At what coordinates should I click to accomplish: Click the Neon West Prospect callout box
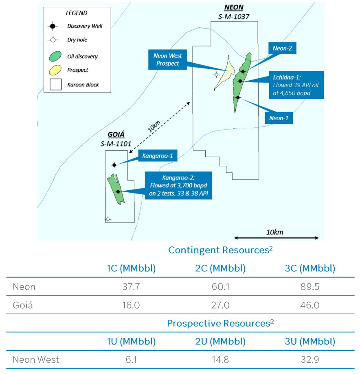click(167, 59)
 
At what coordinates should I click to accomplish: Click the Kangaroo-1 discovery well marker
click(114, 165)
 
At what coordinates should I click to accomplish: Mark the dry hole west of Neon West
click(216, 75)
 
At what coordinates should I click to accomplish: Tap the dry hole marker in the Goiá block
click(108, 219)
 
